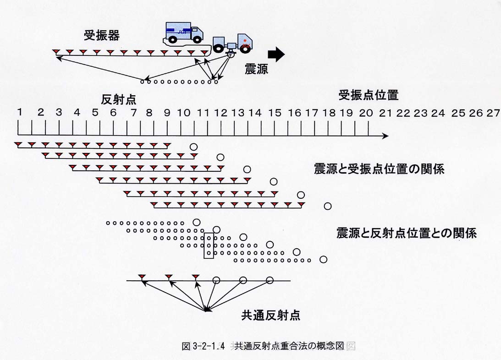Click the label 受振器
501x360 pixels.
click(102, 35)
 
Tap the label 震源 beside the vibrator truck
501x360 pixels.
click(256, 69)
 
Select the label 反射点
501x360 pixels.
click(119, 99)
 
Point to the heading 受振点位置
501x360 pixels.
click(369, 95)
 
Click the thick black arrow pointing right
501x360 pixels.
click(276, 55)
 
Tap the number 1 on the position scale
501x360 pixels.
click(20, 112)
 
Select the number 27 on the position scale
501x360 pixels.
click(493, 113)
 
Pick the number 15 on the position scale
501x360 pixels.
click(275, 113)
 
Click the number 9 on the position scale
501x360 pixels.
click(167, 113)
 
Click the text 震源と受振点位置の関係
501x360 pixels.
click(379, 169)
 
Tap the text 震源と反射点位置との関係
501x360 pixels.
click(407, 233)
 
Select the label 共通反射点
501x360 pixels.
click(270, 315)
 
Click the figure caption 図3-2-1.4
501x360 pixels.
click(203, 346)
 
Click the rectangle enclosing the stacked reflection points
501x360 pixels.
click(204, 245)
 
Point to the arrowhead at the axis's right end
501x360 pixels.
click(385, 136)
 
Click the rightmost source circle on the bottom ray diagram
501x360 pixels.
click(270, 280)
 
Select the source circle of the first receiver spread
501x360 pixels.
click(193, 147)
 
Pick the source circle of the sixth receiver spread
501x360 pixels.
click(327, 206)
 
